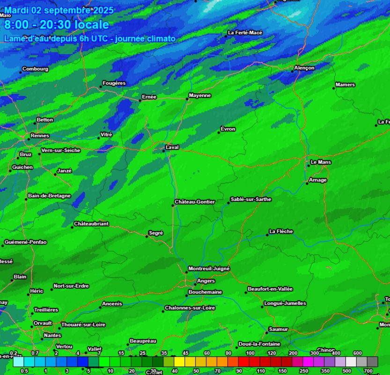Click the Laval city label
click(172, 147)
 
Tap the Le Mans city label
click(321, 162)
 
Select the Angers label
click(206, 281)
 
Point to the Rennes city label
click(40, 136)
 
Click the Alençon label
click(304, 68)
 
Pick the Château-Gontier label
click(195, 202)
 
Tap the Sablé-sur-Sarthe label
click(251, 199)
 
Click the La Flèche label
click(281, 231)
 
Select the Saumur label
click(279, 329)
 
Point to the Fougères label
click(114, 83)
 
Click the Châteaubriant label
click(91, 224)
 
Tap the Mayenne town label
click(200, 95)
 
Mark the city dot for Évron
click(219, 132)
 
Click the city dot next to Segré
click(147, 236)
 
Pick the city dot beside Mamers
click(334, 88)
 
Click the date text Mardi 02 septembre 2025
click(59, 10)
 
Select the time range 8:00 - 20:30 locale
click(57, 25)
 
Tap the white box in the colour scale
click(351, 361)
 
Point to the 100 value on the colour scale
click(250, 353)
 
